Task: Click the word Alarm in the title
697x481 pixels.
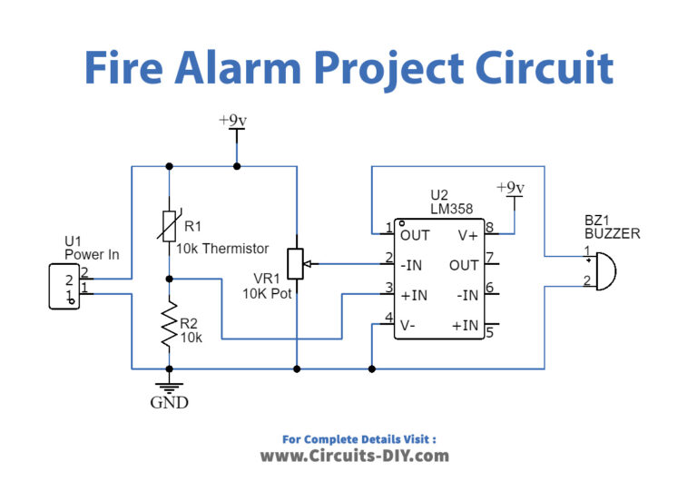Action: [x=273, y=68]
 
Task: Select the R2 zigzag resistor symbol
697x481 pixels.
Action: [x=169, y=324]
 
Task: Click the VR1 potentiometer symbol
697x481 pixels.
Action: [x=296, y=263]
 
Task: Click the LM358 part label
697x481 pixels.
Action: [x=451, y=209]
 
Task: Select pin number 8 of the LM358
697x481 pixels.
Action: [x=488, y=227]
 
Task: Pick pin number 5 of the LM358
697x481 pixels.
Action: [x=488, y=331]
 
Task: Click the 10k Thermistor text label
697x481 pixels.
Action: [x=221, y=249]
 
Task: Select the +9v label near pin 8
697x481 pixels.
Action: [x=513, y=187]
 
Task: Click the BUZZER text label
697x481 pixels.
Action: [x=613, y=233]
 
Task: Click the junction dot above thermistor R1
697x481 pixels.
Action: [x=169, y=166]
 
